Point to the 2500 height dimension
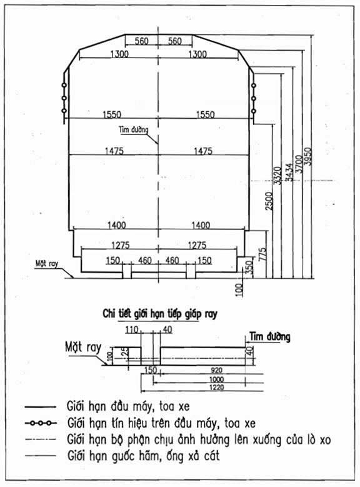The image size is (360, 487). (x=269, y=201)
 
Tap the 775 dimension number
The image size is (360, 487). (x=263, y=254)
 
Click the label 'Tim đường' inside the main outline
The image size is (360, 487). (x=134, y=129)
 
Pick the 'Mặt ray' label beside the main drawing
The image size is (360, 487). (x=47, y=264)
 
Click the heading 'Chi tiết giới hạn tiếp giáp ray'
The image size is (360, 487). (x=160, y=314)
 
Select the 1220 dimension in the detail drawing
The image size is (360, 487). (x=216, y=388)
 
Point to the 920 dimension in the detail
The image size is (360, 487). (x=216, y=370)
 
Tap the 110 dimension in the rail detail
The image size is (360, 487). (x=132, y=329)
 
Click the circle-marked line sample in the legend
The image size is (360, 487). (x=41, y=423)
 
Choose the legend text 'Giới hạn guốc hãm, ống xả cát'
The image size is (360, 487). (x=144, y=456)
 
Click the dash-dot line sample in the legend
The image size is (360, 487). (x=41, y=439)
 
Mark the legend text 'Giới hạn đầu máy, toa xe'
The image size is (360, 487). (x=128, y=406)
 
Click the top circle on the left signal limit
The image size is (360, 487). (x=64, y=85)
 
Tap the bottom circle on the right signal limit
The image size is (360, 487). (x=254, y=111)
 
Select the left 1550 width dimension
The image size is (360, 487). (x=112, y=114)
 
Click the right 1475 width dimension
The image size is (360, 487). (x=203, y=151)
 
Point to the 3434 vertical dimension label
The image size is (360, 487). (x=289, y=173)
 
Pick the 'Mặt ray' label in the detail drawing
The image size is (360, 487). (x=83, y=347)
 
